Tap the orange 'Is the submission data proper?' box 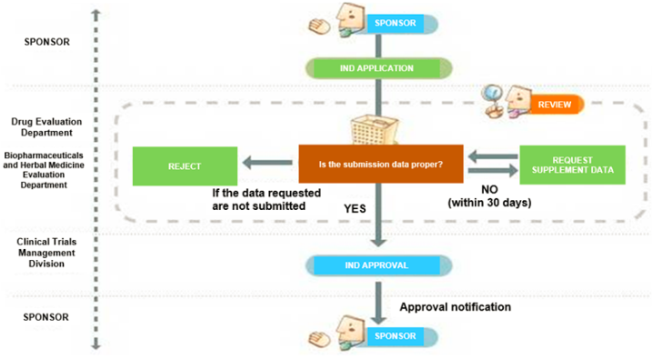(x=381, y=165)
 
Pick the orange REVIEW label (x=554, y=105)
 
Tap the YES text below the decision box (x=355, y=208)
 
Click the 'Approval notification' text (x=455, y=307)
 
